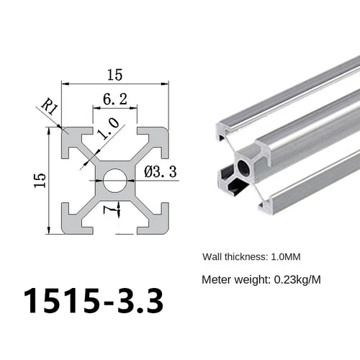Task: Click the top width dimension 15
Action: pyautogui.click(x=115, y=74)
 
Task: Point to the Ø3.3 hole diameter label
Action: pyautogui.click(x=161, y=171)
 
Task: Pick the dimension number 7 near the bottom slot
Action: pyautogui.click(x=107, y=210)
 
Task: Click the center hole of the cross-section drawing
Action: pyautogui.click(x=114, y=181)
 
